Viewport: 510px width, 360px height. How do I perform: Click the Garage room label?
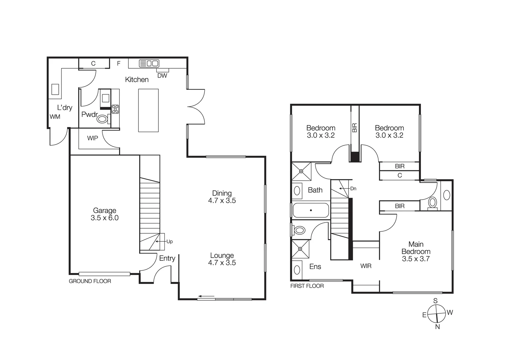[x=104, y=210]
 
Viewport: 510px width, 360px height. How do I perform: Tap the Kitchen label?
[x=137, y=79]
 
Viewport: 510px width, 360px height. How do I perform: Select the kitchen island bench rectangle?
[x=148, y=110]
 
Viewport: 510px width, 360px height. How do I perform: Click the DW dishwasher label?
[x=162, y=76]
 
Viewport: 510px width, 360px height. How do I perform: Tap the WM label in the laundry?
[x=55, y=117]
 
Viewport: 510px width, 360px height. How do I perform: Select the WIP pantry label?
[x=92, y=138]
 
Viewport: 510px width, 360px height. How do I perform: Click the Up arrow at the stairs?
[x=161, y=241]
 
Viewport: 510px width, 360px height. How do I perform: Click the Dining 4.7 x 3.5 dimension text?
[x=222, y=201]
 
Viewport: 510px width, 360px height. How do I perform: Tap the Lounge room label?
[x=222, y=255]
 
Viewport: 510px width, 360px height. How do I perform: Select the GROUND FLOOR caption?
[x=90, y=281]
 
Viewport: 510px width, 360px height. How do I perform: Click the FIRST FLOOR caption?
[x=307, y=286]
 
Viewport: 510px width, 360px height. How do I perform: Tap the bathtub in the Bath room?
[x=311, y=210]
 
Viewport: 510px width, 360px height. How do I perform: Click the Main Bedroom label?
[x=416, y=248]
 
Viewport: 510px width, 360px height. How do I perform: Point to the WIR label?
[x=366, y=266]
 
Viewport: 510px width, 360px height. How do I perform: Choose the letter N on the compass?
[x=437, y=327]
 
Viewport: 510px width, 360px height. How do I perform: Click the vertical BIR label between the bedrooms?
[x=355, y=127]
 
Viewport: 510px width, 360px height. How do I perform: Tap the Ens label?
[x=315, y=266]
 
